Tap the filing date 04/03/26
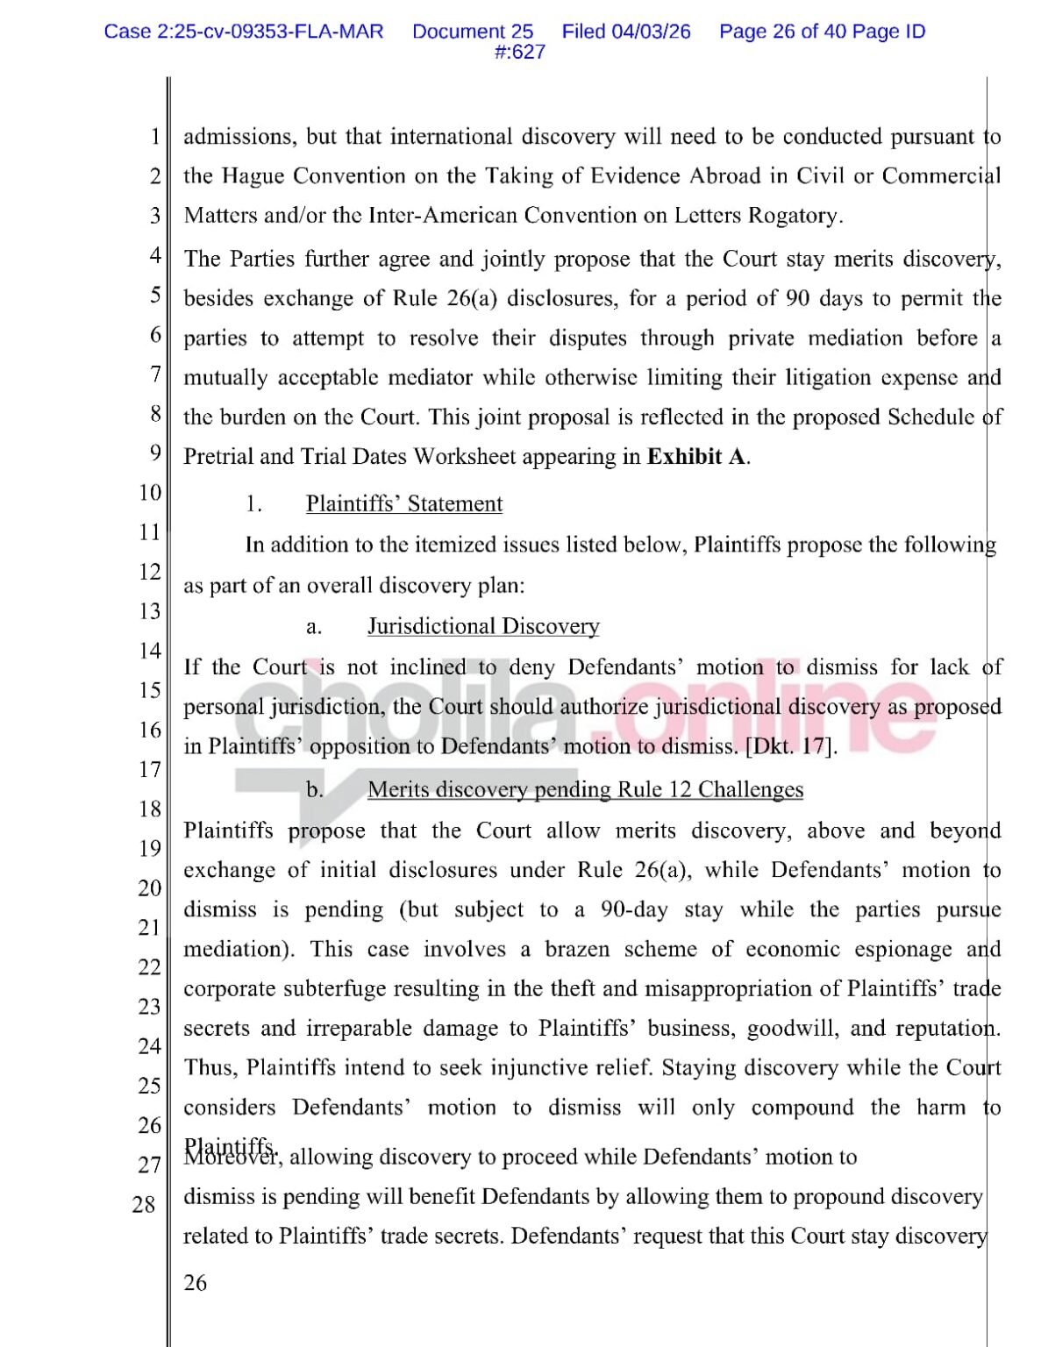651,32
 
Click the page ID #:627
520,52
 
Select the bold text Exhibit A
697,457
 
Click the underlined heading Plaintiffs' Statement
404,504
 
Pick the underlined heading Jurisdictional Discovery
483,626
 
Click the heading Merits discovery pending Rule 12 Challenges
585,790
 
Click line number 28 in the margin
145,1205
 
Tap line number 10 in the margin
149,493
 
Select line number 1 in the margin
154,138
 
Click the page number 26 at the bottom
196,1283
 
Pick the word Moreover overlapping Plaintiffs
232,1156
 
